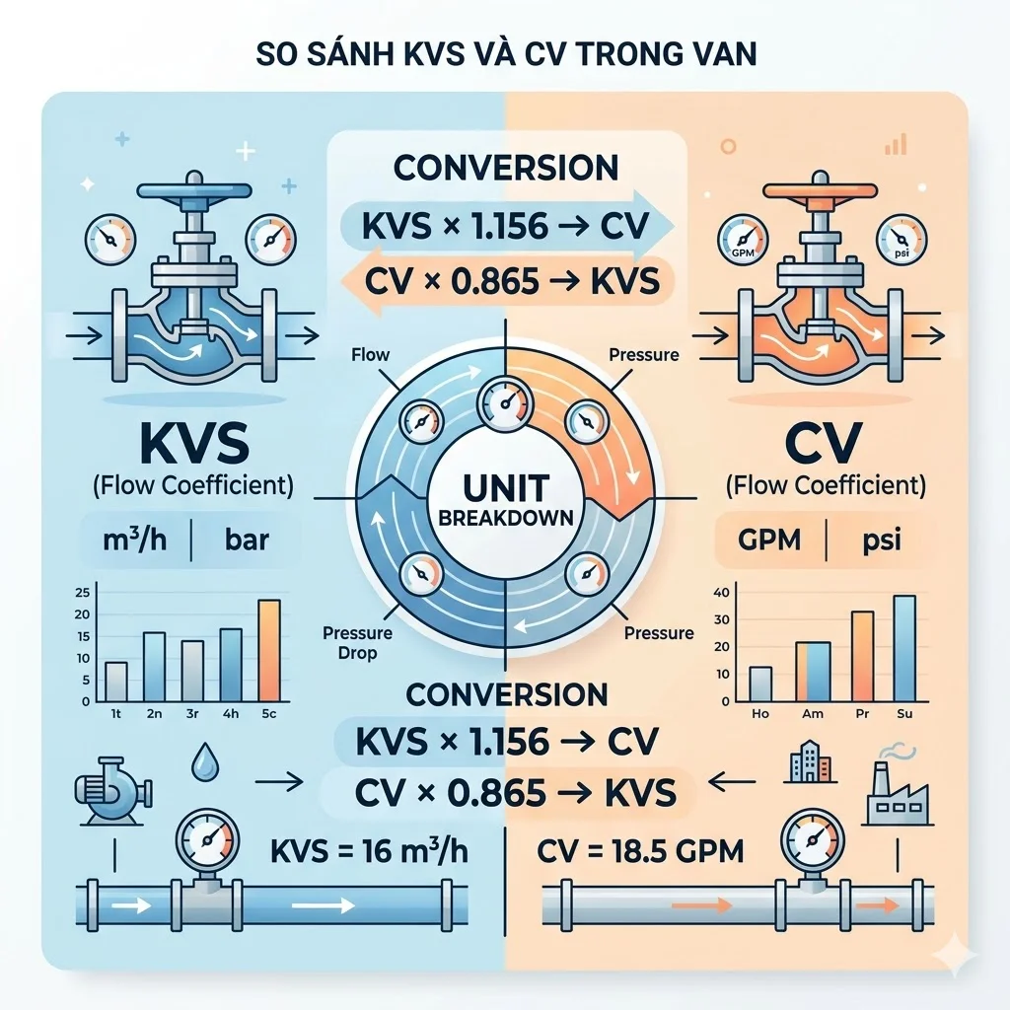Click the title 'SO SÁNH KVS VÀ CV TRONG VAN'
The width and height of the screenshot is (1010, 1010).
pyautogui.click(x=505, y=52)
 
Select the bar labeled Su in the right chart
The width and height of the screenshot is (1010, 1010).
pyautogui.click(x=903, y=647)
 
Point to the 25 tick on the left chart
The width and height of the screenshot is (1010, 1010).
pyautogui.click(x=82, y=592)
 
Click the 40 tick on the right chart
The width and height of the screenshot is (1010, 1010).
pyautogui.click(x=721, y=592)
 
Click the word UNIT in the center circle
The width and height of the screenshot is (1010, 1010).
pyautogui.click(x=504, y=487)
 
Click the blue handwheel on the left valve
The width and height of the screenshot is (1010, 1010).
pyautogui.click(x=184, y=189)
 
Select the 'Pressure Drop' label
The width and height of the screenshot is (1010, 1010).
pyautogui.click(x=357, y=643)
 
